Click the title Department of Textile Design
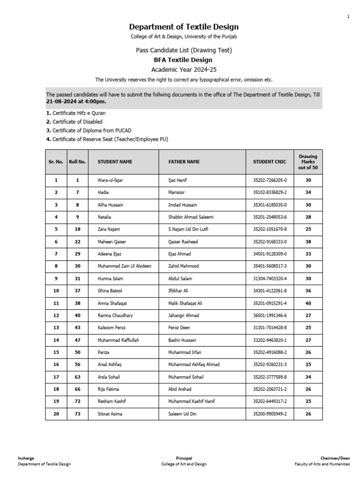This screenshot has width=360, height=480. tap(184, 27)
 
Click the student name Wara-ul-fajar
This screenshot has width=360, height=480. tap(110, 180)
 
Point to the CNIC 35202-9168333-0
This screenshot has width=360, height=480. tap(270, 241)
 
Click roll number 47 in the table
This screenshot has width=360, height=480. tap(77, 340)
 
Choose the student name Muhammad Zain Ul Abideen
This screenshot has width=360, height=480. tap(124, 266)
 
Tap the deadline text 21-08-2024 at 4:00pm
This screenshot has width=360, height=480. tap(76, 102)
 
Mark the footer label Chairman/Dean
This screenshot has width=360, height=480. tap(335, 458)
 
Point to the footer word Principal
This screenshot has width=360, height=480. tap(184, 458)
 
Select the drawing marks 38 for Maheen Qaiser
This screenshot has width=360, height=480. tap(308, 241)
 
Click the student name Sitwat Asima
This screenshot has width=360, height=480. tap(111, 414)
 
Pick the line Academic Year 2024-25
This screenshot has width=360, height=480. tap(183, 69)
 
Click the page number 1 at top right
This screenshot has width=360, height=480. tap(348, 17)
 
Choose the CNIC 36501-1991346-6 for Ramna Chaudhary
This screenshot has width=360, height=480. tap(270, 315)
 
